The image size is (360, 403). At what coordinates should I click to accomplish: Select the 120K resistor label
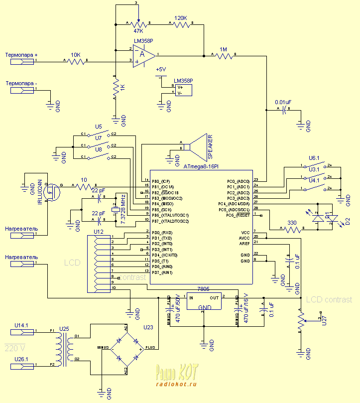181,18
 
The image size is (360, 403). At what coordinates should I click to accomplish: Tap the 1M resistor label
224,49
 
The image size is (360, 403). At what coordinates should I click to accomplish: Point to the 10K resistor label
76,55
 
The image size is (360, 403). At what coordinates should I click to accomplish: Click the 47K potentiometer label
138,31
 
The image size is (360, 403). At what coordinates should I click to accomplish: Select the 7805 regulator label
203,288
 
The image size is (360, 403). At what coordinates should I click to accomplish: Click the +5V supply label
161,69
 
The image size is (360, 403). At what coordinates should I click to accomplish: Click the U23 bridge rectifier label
149,327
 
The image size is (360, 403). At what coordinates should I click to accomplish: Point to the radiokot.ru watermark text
176,384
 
